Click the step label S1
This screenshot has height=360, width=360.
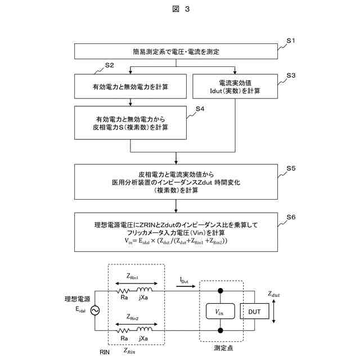click(290, 40)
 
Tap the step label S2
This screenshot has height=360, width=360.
click(109, 65)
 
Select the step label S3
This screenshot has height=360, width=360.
click(291, 75)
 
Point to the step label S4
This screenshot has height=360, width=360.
click(200, 109)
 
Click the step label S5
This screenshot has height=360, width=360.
click(291, 168)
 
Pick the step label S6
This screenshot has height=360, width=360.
click(291, 217)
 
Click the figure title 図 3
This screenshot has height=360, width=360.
click(181, 9)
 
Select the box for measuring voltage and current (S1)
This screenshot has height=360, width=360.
click(176, 51)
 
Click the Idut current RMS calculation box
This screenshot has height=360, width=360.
click(235, 86)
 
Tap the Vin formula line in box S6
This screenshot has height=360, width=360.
click(176, 241)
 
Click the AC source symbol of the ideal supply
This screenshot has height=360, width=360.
click(95, 310)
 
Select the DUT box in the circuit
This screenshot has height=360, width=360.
click(254, 311)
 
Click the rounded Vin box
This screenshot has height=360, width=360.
click(220, 311)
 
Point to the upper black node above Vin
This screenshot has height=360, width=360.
click(220, 291)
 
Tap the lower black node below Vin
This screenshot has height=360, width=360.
click(220, 331)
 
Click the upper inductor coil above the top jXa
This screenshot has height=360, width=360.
click(145, 290)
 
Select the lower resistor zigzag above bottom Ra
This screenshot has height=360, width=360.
click(123, 331)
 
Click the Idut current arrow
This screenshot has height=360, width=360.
click(186, 286)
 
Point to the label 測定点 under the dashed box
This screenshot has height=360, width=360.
click(223, 348)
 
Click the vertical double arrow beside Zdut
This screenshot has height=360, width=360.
click(273, 311)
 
